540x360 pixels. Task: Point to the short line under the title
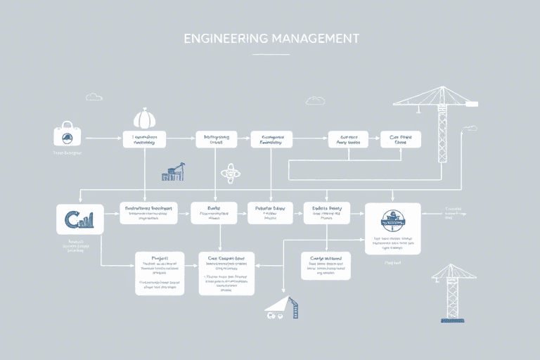pos(270,54)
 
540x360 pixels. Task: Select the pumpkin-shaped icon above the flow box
pos(144,117)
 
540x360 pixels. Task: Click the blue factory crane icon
pos(173,172)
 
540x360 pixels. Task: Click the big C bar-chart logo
pos(79,220)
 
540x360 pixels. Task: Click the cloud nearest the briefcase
pos(94,97)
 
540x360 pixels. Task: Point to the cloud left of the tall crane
pos(316,101)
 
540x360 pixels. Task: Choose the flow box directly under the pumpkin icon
pos(144,139)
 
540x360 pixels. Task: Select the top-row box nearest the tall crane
pos(401,139)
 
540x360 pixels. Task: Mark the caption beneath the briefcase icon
pos(67,153)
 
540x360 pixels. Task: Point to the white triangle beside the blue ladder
pos(276,303)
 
